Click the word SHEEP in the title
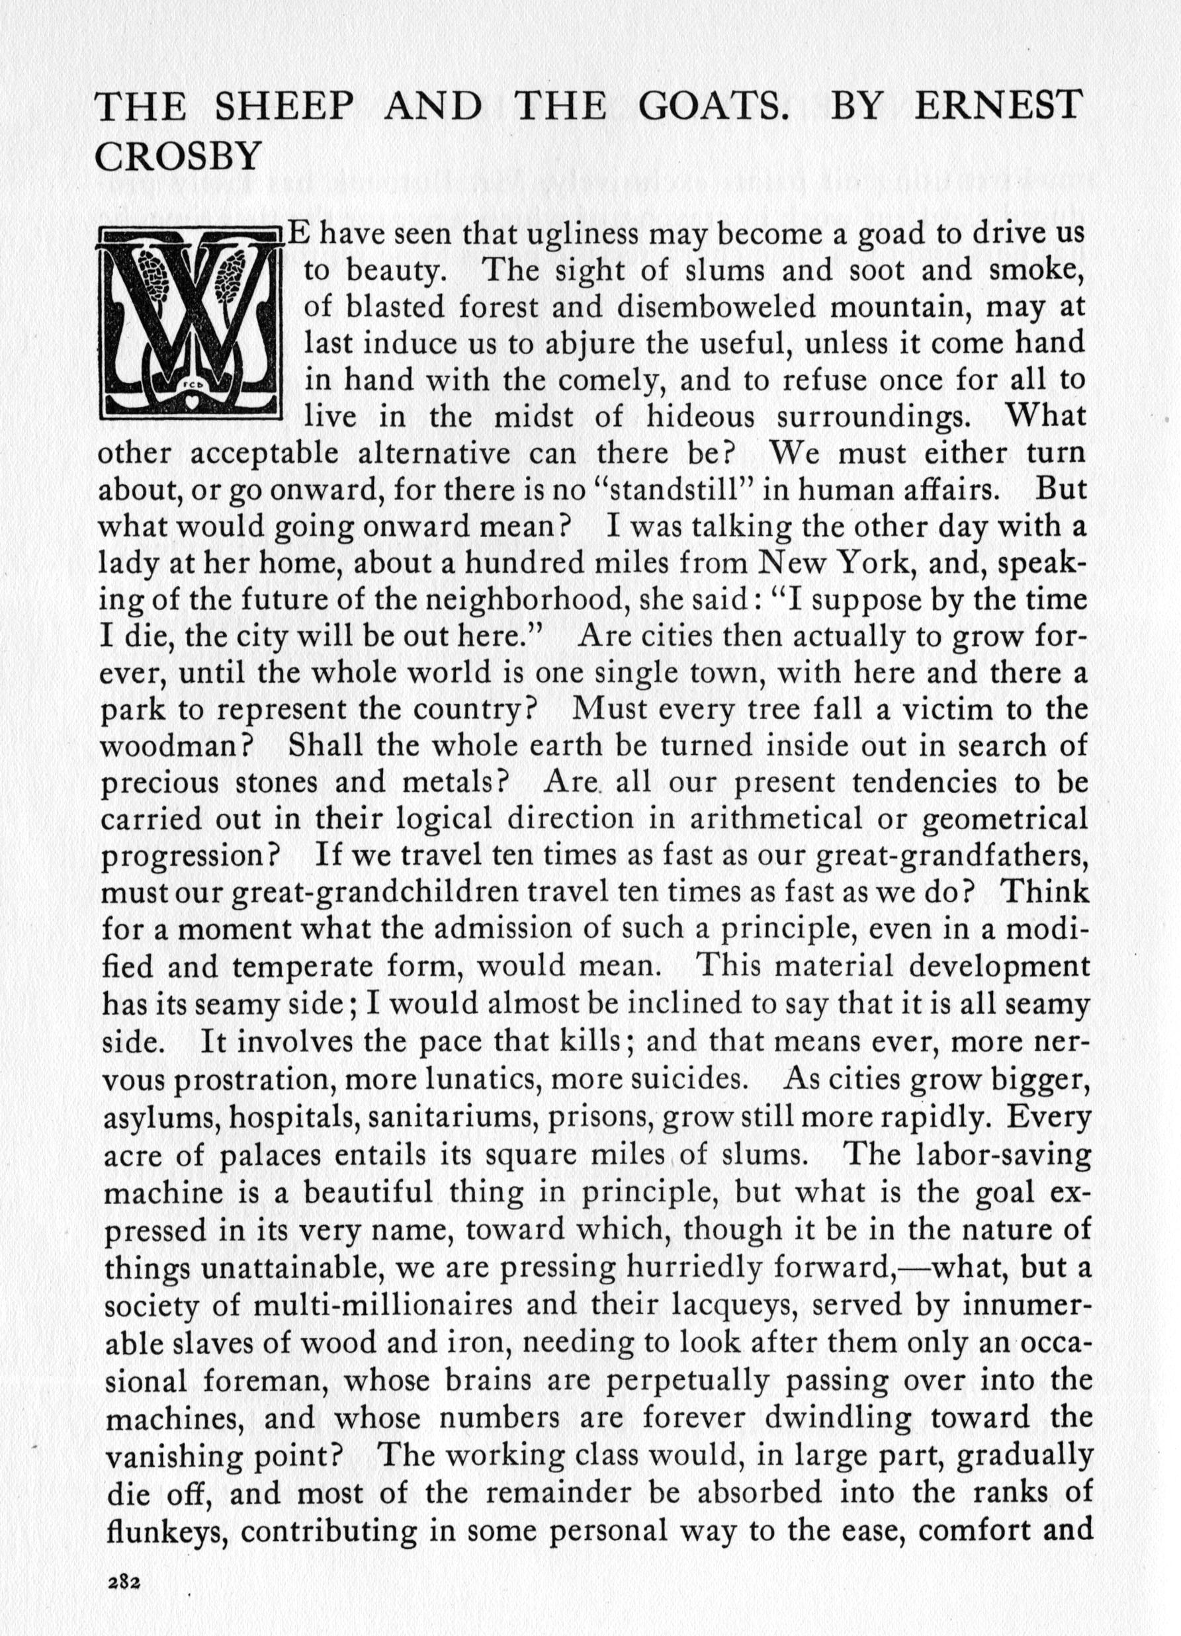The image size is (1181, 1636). tap(285, 107)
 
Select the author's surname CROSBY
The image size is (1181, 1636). tap(177, 157)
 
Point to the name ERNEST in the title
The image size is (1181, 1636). tap(999, 107)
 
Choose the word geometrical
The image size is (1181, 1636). tap(1006, 820)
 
